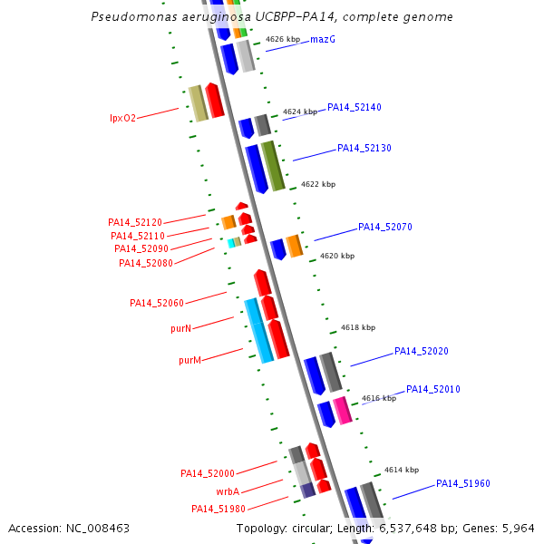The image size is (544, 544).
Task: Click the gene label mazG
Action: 323,40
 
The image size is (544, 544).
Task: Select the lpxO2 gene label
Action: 122,118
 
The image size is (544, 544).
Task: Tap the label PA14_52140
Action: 354,107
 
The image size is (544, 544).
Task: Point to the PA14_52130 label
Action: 364,148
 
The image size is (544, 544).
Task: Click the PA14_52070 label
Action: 384,227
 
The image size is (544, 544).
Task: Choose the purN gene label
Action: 180,328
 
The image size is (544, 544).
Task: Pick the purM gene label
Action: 189,360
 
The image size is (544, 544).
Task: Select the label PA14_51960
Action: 462,483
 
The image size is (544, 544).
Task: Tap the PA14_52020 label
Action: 421,351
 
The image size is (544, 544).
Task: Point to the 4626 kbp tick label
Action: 282,40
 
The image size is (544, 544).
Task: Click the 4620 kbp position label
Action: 337,257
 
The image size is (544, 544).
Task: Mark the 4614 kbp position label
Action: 401,470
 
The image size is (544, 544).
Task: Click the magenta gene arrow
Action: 342,411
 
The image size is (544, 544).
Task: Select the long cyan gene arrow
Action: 258,331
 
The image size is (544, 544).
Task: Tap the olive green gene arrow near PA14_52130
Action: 273,166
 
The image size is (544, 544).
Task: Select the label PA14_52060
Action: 156,303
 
